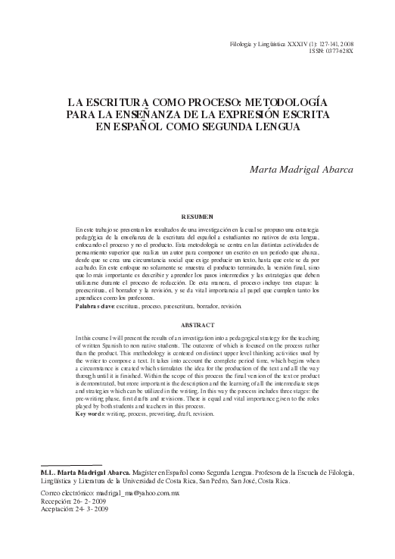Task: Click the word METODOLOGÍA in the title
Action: pos(284,101)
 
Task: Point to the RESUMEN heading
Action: pos(197,216)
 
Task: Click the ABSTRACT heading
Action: pos(197,324)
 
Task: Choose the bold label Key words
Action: pos(93,415)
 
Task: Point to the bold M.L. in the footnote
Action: pos(48,471)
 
